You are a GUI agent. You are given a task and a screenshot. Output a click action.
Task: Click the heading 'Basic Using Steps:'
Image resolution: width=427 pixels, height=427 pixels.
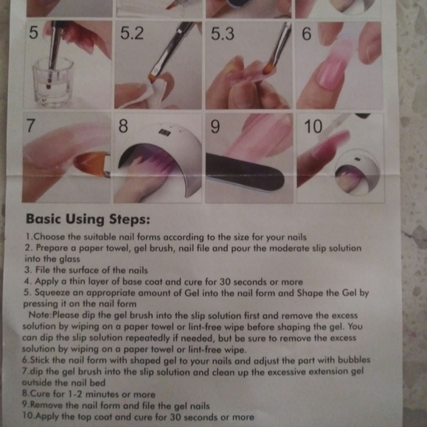[x=88, y=219]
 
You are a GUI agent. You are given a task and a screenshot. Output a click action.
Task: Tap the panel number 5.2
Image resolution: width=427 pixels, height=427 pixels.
[x=132, y=33]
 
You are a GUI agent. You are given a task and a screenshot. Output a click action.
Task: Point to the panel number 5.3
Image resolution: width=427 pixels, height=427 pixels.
[x=223, y=35]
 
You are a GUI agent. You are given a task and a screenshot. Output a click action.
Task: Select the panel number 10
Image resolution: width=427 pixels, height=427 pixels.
[x=313, y=127]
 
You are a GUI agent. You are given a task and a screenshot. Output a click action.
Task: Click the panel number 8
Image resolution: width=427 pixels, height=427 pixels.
[x=123, y=127]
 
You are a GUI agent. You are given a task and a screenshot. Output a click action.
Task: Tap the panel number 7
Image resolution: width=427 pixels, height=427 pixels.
[x=30, y=126]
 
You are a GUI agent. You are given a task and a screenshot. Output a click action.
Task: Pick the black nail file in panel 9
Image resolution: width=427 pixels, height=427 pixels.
[x=245, y=173]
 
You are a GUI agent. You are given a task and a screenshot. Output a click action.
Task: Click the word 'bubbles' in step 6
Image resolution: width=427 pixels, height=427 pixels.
[x=354, y=360]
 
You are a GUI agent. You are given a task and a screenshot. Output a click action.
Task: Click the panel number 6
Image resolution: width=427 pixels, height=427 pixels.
[x=306, y=35]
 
